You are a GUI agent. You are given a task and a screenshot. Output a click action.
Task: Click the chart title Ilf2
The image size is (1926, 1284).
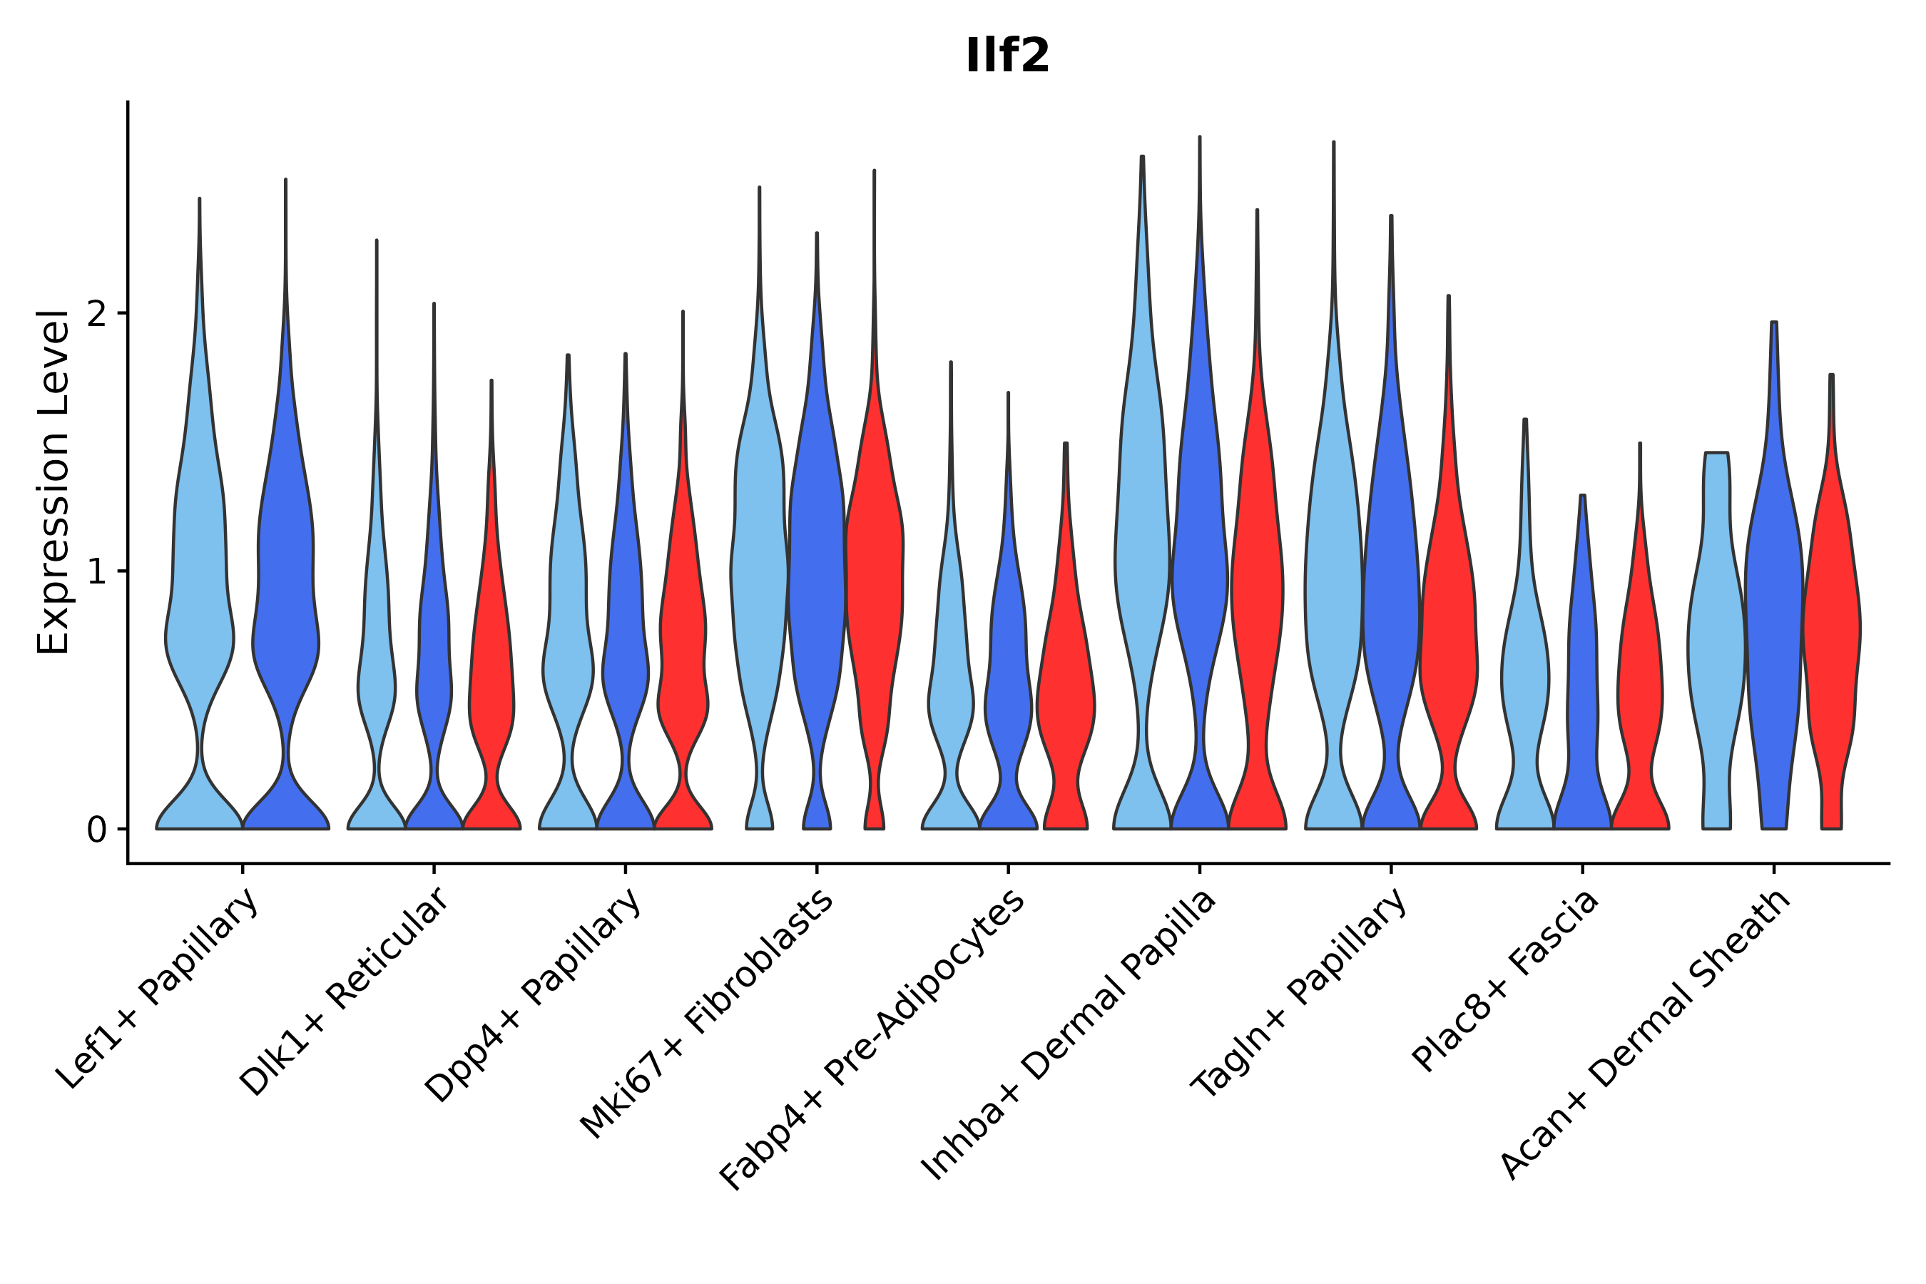pyautogui.click(x=1007, y=56)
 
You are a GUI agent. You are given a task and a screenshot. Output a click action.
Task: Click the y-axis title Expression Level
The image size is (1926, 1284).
pyautogui.click(x=53, y=482)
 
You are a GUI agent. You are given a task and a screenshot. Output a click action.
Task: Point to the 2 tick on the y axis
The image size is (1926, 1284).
pyautogui.click(x=96, y=315)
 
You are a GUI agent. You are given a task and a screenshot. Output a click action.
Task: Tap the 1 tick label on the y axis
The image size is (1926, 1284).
pyautogui.click(x=96, y=572)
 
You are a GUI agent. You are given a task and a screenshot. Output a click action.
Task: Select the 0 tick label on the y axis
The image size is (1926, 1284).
pyautogui.click(x=96, y=830)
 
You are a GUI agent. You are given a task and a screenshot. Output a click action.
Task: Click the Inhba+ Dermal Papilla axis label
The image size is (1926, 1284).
pyautogui.click(x=1069, y=1035)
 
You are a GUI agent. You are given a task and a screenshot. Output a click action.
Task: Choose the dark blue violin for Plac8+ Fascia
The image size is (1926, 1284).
pyautogui.click(x=1583, y=696)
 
